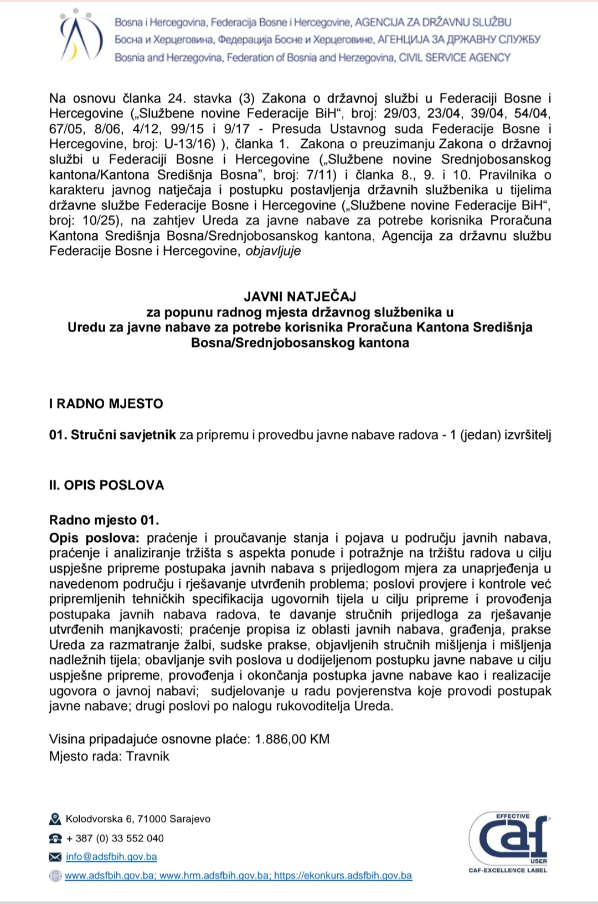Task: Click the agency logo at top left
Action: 81,38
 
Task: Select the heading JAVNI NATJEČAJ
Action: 300,297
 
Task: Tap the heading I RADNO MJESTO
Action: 106,404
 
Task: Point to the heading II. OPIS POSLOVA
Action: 107,485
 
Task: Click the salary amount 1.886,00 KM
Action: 292,739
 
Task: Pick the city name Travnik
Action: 148,756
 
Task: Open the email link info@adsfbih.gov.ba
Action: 111,856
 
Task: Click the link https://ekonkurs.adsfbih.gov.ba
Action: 343,875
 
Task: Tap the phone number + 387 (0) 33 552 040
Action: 115,838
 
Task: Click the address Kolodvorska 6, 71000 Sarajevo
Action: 138,819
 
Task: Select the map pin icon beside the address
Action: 55,819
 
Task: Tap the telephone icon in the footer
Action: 55,838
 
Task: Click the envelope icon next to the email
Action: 55,857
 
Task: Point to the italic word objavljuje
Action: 273,251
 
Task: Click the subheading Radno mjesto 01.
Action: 104,520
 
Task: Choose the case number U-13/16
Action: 189,144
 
